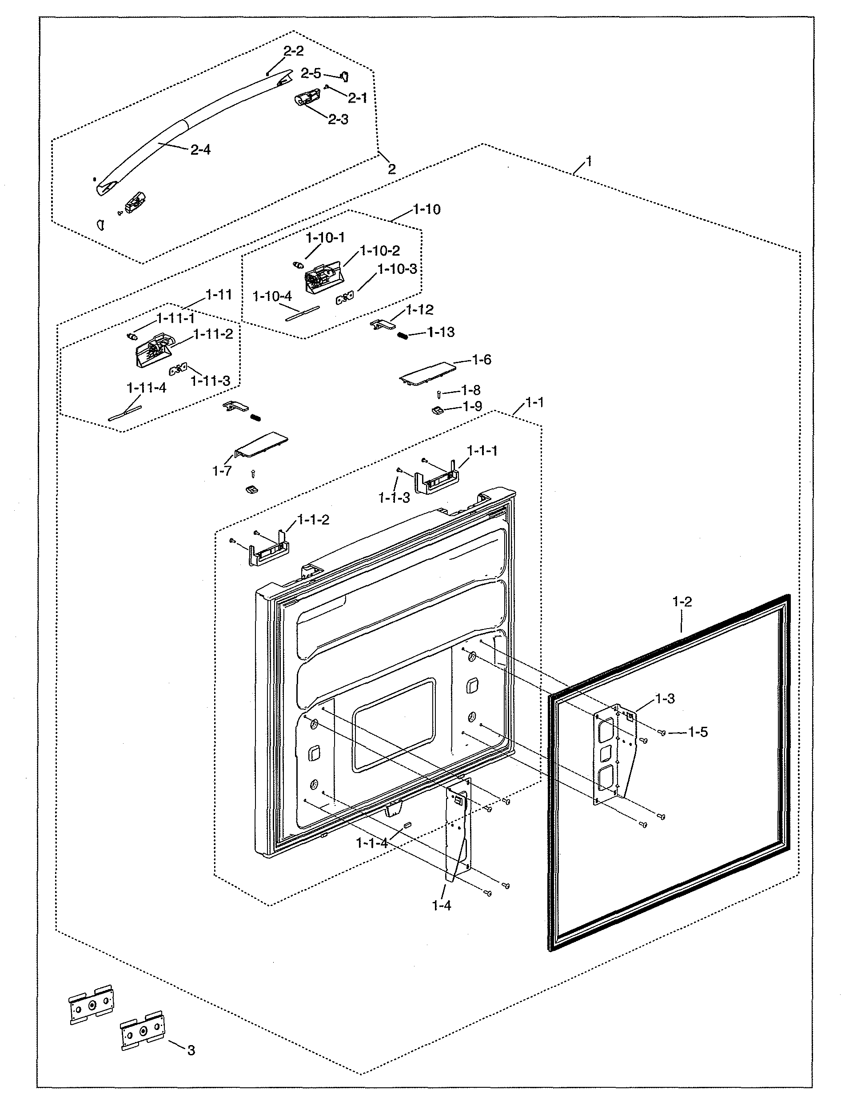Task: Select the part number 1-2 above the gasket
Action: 682,602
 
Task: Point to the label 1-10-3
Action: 397,269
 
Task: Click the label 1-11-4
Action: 146,388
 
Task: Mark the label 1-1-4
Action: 371,843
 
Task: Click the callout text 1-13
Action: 441,333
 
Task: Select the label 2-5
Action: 311,74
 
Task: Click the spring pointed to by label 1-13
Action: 402,336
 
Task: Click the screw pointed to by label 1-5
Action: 662,733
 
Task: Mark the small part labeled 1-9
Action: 437,410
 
